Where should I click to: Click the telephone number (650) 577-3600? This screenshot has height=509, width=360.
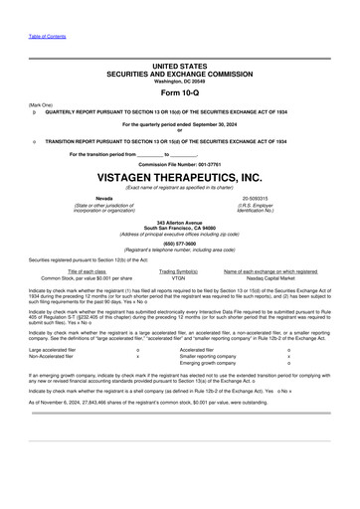pyautogui.click(x=179, y=242)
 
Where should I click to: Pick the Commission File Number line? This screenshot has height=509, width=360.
pyautogui.click(x=179, y=162)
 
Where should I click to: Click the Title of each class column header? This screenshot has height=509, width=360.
pyautogui.click(x=87, y=271)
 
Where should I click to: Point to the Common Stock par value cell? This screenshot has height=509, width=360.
pyautogui.click(x=87, y=278)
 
